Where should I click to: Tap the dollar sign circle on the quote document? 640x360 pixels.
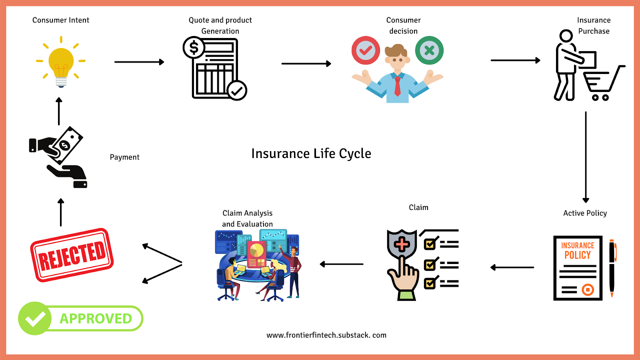pyautogui.click(x=194, y=48)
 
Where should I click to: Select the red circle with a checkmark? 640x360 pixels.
pyautogui.click(x=366, y=50)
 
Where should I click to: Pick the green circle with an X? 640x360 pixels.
pyautogui.click(x=429, y=50)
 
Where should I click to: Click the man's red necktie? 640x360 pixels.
pyautogui.click(x=397, y=86)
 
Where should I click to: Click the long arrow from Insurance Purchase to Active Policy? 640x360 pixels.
pyautogui.click(x=586, y=156)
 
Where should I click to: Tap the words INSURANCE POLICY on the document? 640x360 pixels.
pyautogui.click(x=578, y=250)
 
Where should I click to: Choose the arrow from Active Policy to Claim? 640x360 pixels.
pyautogui.click(x=512, y=267)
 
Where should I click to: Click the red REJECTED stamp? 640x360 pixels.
pyautogui.click(x=72, y=255)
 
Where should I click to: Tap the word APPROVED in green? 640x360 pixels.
pyautogui.click(x=96, y=318)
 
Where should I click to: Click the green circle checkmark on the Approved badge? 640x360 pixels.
pyautogui.click(x=35, y=318)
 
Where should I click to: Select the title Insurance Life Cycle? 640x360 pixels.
pyautogui.click(x=311, y=154)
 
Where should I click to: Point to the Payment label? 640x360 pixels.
pyautogui.click(x=124, y=157)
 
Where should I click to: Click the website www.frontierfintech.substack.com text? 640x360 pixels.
pyautogui.click(x=326, y=335)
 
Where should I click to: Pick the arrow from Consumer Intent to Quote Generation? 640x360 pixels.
pyautogui.click(x=139, y=62)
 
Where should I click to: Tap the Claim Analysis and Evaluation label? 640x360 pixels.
pyautogui.click(x=248, y=218)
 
